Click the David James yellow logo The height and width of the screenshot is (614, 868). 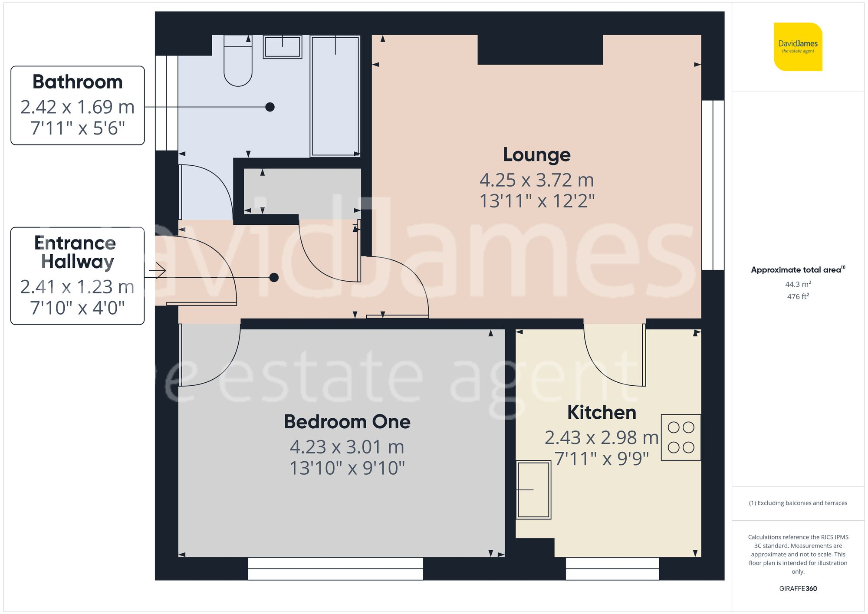[x=798, y=47]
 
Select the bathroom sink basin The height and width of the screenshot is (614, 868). [x=282, y=47]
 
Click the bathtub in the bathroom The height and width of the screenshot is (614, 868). [x=335, y=95]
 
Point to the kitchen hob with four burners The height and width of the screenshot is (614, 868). [x=681, y=437]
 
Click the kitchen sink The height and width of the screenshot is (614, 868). [x=533, y=489]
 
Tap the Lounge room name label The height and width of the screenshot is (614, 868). [x=536, y=155]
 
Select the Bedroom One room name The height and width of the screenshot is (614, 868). [x=347, y=422]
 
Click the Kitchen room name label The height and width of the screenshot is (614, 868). [x=602, y=412]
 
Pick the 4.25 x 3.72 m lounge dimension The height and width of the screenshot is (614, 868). [x=536, y=180]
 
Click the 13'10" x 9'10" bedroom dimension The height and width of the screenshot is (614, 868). [x=347, y=468]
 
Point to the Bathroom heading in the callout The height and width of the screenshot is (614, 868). [x=78, y=82]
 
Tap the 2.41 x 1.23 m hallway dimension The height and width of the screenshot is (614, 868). [x=77, y=287]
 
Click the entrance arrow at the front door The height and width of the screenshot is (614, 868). [x=157, y=272]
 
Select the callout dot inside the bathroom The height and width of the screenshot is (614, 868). [x=270, y=107]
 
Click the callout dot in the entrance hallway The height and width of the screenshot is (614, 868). [x=274, y=277]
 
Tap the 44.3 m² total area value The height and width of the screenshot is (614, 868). [x=798, y=284]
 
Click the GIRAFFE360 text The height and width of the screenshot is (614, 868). [x=798, y=588]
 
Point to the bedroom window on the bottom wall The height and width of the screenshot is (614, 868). [x=335, y=568]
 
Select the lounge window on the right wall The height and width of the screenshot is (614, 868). [x=713, y=185]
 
